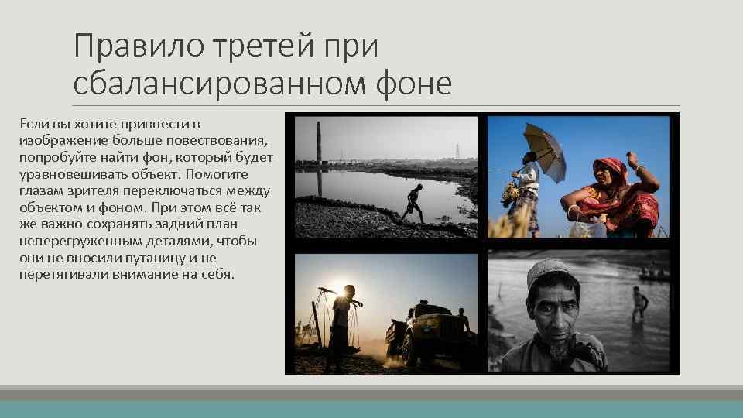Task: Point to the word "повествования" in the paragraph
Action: pos(223,140)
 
